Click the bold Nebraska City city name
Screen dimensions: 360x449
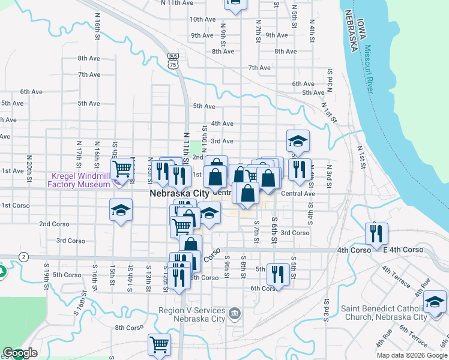coord(179,194)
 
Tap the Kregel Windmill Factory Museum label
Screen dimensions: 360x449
coord(80,180)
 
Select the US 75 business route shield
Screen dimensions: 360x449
coord(173,62)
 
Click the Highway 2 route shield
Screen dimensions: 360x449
coord(23,257)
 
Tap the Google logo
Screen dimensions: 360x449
coord(20,353)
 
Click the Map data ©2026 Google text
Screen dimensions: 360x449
coord(411,355)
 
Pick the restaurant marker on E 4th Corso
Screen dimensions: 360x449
coord(376,233)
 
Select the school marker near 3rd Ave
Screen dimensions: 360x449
coord(298,141)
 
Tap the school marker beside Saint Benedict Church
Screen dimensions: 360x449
coord(435,301)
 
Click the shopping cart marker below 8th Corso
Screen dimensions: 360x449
coord(159,344)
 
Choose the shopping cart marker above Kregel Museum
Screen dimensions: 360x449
coord(122,169)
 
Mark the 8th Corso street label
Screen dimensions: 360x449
coord(127,328)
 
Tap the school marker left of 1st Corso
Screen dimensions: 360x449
coord(121,211)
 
